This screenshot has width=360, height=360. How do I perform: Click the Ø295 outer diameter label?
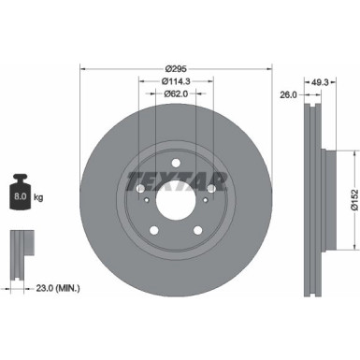click(x=175, y=68)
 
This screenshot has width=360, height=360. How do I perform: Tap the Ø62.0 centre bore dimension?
click(x=175, y=94)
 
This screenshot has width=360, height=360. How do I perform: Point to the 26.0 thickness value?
click(x=289, y=94)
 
